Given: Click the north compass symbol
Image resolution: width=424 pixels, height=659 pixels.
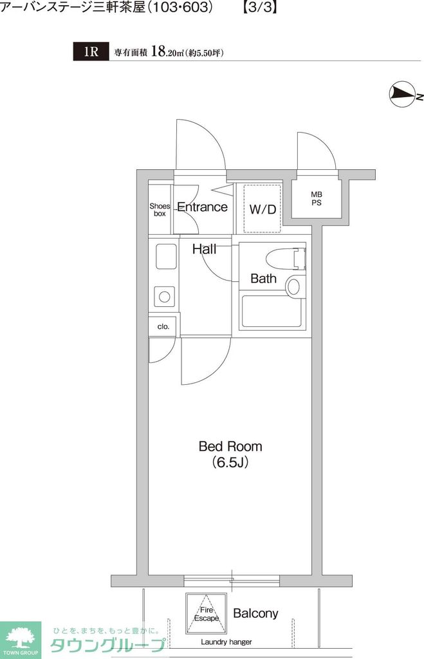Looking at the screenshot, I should coord(403,95).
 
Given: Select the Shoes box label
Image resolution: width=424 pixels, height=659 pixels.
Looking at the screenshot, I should coord(160,210).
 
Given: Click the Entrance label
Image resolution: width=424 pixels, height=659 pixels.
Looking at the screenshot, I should coord(202,207).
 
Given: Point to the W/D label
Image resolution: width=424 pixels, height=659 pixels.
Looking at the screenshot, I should coord(263,209).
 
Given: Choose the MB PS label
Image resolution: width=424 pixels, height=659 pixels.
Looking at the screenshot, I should coord(317,198).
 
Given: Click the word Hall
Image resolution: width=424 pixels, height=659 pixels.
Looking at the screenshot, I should coord(204,249).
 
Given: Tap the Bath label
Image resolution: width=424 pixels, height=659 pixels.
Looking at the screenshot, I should coord(263,279).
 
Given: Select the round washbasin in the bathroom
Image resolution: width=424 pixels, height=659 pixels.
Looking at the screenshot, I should coord(293,285).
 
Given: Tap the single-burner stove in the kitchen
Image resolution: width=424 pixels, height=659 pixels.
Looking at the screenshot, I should coord(165,297).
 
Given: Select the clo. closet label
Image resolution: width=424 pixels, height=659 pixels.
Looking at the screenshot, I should coord(163,326).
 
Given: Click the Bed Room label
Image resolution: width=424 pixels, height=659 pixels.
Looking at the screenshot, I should coord(230,446).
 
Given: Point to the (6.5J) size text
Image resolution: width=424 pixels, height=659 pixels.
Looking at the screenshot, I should coord(230,462).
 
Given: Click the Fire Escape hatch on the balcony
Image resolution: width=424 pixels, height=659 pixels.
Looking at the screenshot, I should coord(206,613).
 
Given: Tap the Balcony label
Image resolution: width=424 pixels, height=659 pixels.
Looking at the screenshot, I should coord(255,613).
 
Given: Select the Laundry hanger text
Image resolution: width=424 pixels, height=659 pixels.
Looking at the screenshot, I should coord(226,642).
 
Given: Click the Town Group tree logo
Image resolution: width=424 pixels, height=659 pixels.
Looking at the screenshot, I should coord(20,638).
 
